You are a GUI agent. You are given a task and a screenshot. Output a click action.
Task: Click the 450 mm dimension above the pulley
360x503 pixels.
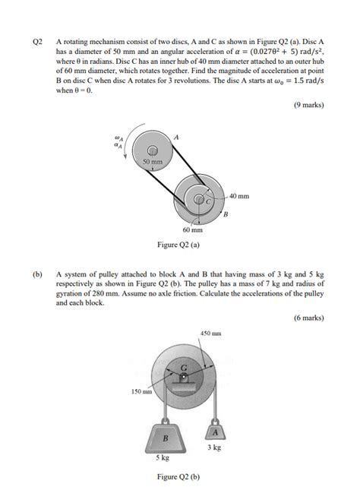[x=210, y=334]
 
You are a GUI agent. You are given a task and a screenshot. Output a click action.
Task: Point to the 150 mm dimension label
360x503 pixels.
[x=142, y=393]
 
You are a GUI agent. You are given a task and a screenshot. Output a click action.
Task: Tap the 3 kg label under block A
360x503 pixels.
[x=215, y=448]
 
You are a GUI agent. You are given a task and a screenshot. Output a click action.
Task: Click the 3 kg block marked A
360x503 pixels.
[x=215, y=432]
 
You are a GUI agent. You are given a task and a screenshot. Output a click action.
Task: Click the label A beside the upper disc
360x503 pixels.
[x=177, y=135]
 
